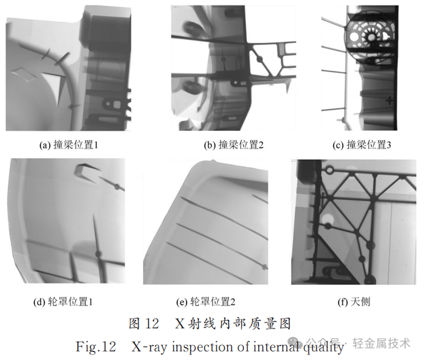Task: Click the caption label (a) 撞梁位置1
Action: [x=68, y=145]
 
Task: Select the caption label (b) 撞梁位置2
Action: [x=234, y=145]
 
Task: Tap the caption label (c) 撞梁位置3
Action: [x=362, y=145]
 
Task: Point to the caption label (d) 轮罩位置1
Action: [x=63, y=302]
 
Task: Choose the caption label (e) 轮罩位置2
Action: [x=206, y=302]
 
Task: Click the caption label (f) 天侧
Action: [x=354, y=302]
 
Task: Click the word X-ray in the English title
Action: [x=149, y=347]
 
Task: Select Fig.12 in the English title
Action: [x=96, y=347]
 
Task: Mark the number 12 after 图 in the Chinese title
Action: [x=151, y=324]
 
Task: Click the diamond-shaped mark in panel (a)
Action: [x=24, y=74]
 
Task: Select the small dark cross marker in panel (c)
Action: [x=389, y=101]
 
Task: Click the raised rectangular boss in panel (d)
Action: [x=87, y=173]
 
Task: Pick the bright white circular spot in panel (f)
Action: [x=327, y=219]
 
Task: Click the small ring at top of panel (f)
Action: [x=330, y=170]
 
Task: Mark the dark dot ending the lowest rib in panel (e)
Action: [x=264, y=267]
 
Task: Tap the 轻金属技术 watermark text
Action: [x=382, y=343]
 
